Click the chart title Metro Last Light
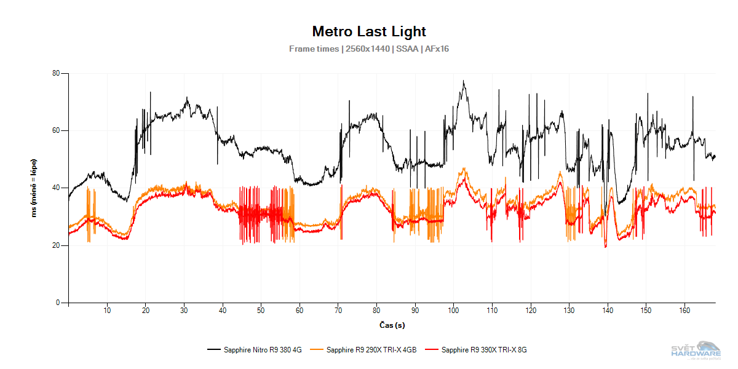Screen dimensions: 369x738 [x=369, y=31]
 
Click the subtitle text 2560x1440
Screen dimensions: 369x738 [x=367, y=49]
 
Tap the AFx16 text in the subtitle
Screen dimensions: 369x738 [x=437, y=49]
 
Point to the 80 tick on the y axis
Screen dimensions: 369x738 [x=56, y=74]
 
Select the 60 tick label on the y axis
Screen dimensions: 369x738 [x=56, y=131]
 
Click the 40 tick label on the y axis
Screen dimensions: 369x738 [x=56, y=188]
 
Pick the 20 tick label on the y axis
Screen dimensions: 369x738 [x=56, y=245]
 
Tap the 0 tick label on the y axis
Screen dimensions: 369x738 [x=58, y=303]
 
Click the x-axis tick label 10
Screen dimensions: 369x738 [x=107, y=310]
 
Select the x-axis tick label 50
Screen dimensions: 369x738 [x=261, y=310]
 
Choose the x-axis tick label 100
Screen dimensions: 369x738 [x=453, y=310]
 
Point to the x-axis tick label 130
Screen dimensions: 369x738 [x=569, y=310]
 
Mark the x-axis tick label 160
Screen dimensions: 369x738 [x=684, y=310]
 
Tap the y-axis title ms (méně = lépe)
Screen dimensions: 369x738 [x=35, y=188]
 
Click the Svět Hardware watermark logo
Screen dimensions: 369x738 [x=695, y=351]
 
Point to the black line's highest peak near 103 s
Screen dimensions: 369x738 [x=464, y=81]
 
